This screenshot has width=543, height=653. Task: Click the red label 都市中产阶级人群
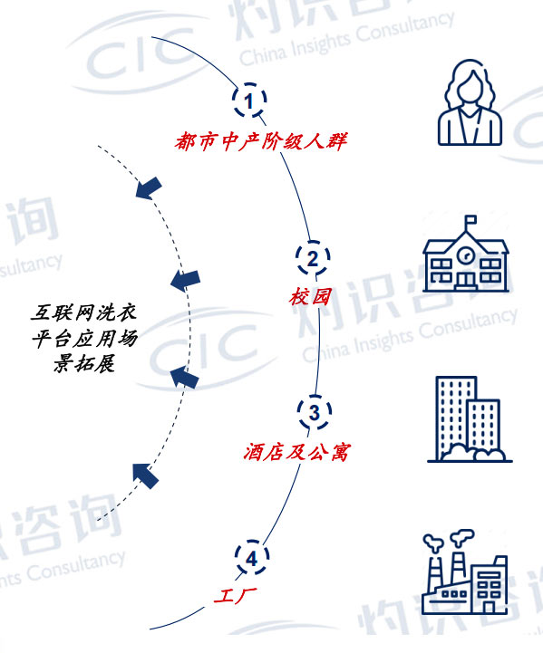point(261,141)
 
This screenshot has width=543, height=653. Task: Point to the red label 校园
point(310,297)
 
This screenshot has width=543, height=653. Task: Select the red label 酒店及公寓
point(296,452)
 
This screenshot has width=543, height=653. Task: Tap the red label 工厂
point(235,596)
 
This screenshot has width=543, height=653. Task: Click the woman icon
point(470,102)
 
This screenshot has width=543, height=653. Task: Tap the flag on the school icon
point(470,220)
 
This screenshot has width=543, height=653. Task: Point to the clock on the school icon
point(465,254)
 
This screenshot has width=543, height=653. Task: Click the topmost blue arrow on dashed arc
point(149,187)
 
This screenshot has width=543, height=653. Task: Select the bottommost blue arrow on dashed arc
point(145,475)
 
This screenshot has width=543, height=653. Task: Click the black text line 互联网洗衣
point(83,312)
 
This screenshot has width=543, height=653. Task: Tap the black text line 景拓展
point(83,363)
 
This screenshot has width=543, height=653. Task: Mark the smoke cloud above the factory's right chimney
point(462,536)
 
